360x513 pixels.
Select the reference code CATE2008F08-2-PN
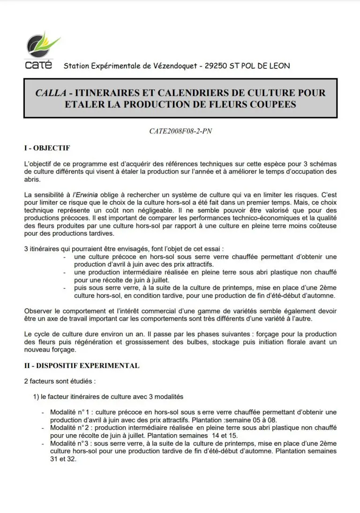click(180, 132)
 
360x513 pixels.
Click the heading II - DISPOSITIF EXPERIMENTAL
click(82, 366)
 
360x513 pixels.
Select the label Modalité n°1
click(70, 412)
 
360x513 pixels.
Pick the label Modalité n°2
click(70, 428)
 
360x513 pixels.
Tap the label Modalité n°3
click(70, 444)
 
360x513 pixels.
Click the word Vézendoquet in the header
click(173, 66)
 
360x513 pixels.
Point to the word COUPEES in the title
click(272, 104)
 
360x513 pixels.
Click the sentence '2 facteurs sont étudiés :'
click(60, 381)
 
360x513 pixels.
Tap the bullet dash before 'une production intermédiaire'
click(63, 272)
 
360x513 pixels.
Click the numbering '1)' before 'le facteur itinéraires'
click(36, 397)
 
